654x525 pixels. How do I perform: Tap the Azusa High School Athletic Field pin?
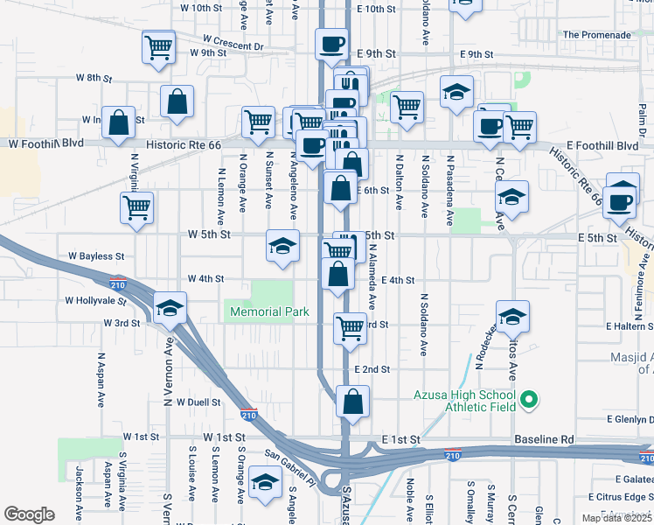(527, 401)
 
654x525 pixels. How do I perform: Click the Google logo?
(29, 514)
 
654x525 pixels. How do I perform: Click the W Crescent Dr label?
(233, 40)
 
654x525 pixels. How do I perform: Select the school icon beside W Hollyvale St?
(170, 308)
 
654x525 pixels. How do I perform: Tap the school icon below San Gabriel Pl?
(265, 482)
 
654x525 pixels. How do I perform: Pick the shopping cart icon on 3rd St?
(350, 328)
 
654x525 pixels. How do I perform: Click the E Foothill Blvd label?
(602, 145)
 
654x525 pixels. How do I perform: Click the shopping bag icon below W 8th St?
(177, 101)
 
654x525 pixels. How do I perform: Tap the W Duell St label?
(198, 402)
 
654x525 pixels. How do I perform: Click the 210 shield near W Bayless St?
(118, 284)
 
